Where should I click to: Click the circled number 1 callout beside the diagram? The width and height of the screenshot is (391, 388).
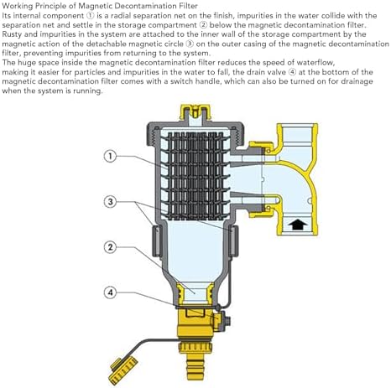[x=110, y=156]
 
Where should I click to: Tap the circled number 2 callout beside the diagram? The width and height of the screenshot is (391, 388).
[x=110, y=247]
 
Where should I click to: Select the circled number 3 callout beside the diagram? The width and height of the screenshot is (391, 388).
[x=110, y=201]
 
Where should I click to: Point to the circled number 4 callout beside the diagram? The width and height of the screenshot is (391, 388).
[x=110, y=292]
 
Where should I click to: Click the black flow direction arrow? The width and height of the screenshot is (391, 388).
[x=298, y=225]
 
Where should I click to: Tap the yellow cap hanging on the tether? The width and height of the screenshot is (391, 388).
[x=123, y=370]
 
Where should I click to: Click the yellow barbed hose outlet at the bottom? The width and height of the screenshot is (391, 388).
[x=195, y=366]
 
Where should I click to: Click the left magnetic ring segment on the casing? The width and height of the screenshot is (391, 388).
[x=156, y=241]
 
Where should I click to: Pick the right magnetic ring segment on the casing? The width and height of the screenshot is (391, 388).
[x=234, y=241]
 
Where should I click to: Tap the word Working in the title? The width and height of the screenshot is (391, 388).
[x=18, y=6]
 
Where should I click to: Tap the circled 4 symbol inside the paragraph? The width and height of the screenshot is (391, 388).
[x=292, y=72]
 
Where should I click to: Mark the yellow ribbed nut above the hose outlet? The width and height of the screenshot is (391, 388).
[x=195, y=346]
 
